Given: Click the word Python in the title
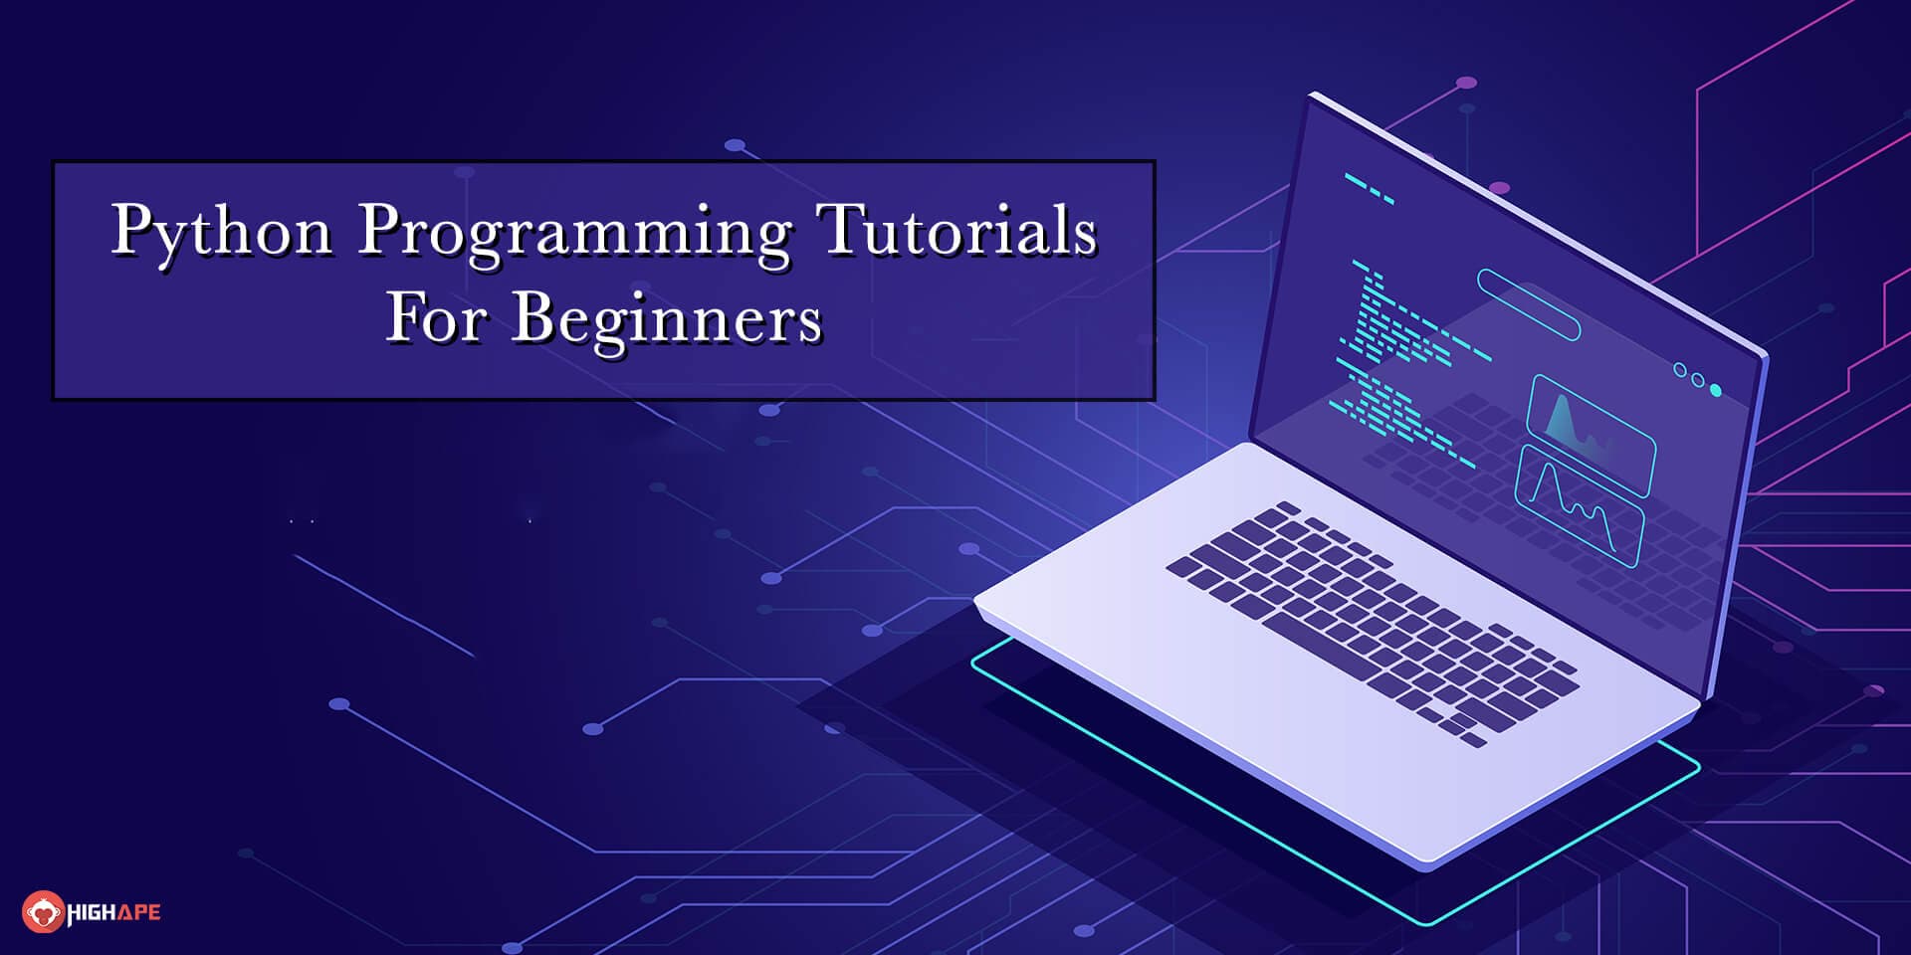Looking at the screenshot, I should coord(221,231).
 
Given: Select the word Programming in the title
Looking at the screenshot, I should coord(574,233).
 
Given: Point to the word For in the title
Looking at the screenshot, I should coord(436,317).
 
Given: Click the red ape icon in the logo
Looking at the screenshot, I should coord(42,911).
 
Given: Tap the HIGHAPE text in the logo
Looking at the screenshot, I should coord(113,912).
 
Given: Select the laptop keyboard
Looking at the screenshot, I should coord(1372,622).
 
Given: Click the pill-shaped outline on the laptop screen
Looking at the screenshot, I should coord(1528,304).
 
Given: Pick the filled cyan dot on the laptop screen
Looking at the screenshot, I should coord(1716,390).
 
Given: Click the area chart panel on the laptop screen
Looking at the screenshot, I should coord(1591,433).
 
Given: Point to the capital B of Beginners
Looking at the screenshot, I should coord(532,317).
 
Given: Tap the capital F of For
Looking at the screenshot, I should coord(404,317).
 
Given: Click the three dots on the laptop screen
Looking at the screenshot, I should coord(1697,380).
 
